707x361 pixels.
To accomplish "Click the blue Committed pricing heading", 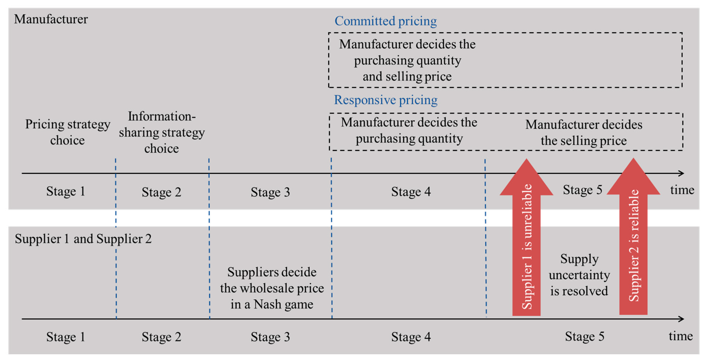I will pyautogui.click(x=385, y=21).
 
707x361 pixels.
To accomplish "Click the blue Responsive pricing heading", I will pyautogui.click(x=385, y=100).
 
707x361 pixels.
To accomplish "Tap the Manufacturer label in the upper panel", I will pyautogui.click(x=51, y=19).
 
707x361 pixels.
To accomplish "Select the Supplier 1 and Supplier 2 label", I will pyautogui.click(x=83, y=239).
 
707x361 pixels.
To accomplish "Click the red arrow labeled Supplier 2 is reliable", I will pyautogui.click(x=633, y=247).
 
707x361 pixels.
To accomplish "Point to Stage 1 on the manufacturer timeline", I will pyautogui.click(x=66, y=191).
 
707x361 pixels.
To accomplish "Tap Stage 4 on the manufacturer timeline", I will pyautogui.click(x=411, y=192).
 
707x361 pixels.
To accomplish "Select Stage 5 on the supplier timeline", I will pyautogui.click(x=584, y=336).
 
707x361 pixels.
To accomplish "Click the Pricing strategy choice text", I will pyautogui.click(x=67, y=132).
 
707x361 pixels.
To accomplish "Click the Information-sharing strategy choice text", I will pyautogui.click(x=162, y=132).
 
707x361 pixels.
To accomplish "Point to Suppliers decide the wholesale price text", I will pyautogui.click(x=272, y=288).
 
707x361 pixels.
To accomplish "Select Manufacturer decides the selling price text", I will pyautogui.click(x=583, y=132).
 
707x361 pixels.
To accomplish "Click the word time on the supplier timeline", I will pyautogui.click(x=680, y=336).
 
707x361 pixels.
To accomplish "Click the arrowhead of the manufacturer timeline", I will pyautogui.click(x=681, y=173).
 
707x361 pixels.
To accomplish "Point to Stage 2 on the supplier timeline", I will pyautogui.click(x=161, y=337).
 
